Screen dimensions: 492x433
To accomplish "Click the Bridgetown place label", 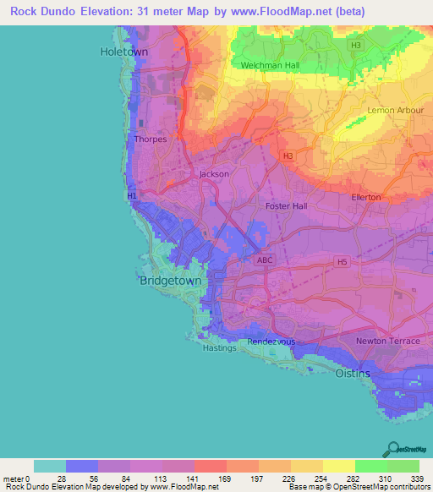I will pyautogui.click(x=170, y=281).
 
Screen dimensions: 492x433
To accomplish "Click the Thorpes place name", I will pyautogui.click(x=150, y=139).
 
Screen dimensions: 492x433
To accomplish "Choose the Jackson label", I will pyautogui.click(x=213, y=174).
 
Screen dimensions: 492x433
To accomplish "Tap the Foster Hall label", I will pyautogui.click(x=287, y=206).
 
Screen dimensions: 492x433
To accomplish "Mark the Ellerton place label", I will pyautogui.click(x=366, y=197).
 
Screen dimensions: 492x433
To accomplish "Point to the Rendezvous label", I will pyautogui.click(x=271, y=342).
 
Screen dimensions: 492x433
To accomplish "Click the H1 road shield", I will pyautogui.click(x=132, y=196).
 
